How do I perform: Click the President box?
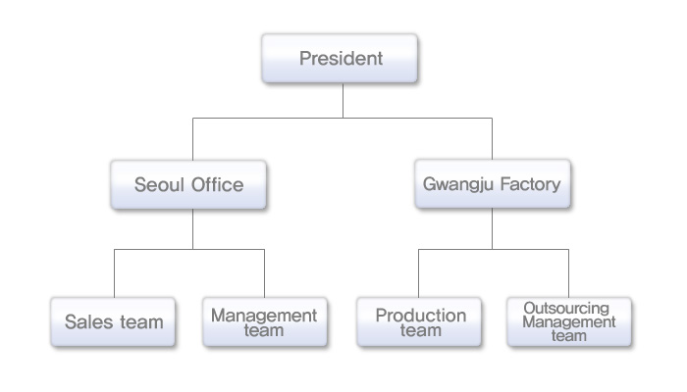[x=340, y=58]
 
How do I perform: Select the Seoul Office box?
[x=188, y=184]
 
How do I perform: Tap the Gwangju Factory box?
[x=493, y=184]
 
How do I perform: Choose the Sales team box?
[x=113, y=322]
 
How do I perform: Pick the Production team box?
[x=419, y=322]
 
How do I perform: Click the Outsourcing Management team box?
[x=569, y=322]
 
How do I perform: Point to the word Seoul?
[x=159, y=184]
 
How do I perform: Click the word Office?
[x=217, y=184]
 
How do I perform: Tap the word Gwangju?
[x=458, y=184]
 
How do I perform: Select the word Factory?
[x=530, y=184]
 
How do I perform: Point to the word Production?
[x=421, y=316]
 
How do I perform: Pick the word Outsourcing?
[x=566, y=308]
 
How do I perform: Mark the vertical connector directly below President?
[x=343, y=100]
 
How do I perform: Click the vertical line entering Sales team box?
[x=115, y=273]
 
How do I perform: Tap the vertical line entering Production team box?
[x=418, y=273]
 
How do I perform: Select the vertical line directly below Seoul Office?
[x=192, y=229]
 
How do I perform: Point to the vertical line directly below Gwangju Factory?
[x=492, y=228]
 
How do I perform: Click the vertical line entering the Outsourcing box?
[x=568, y=273]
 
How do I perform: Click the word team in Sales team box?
[x=141, y=322]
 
